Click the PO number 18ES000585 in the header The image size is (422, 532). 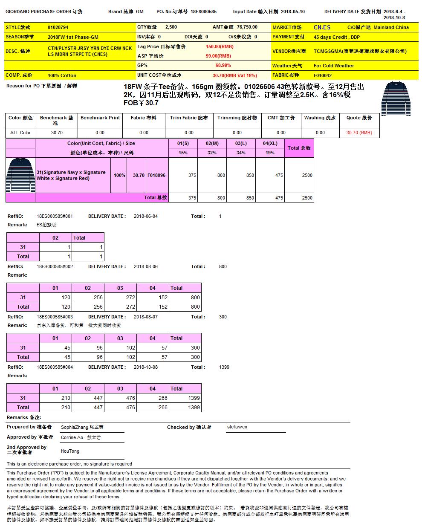point(203,12)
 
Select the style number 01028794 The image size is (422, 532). point(58,27)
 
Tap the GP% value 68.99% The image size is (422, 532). point(223,66)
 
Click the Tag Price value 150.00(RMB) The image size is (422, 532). point(220,46)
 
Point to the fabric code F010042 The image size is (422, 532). point(323,75)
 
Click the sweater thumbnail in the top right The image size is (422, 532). point(397,98)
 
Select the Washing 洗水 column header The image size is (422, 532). point(320,118)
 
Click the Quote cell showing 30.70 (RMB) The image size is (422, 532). point(359,133)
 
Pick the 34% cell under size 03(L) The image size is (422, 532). point(241,153)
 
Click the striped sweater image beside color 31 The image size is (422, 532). point(20,175)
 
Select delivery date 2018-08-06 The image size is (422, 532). point(145,266)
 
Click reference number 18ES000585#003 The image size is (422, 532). point(55,317)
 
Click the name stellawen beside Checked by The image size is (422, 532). point(237,427)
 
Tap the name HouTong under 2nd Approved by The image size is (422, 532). point(70,451)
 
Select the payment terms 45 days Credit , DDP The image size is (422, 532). point(337,37)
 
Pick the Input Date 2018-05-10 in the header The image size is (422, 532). point(293,12)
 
